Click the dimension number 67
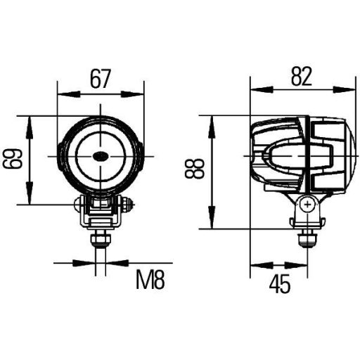point(101,79)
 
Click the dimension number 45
point(279,284)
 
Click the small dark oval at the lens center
point(101,155)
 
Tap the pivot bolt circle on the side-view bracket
point(306,205)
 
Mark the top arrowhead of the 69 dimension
point(30,121)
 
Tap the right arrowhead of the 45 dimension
point(300,266)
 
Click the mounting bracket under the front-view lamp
point(101,211)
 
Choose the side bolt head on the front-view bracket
point(128,206)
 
